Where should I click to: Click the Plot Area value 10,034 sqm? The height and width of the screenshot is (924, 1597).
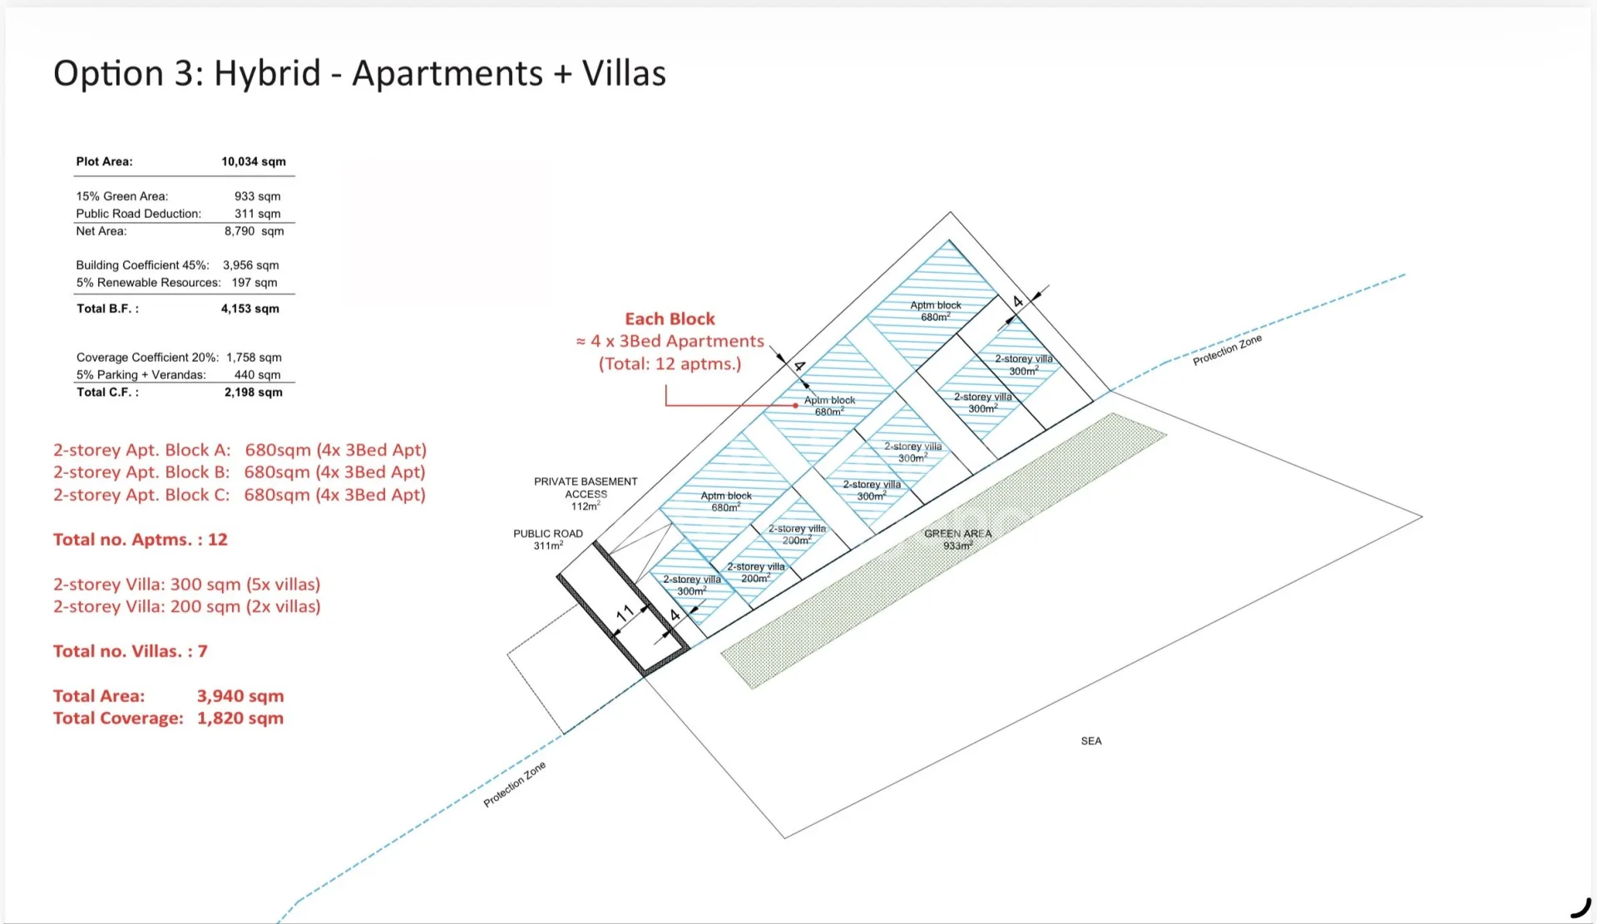tap(254, 161)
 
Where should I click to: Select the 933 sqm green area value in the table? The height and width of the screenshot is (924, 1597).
tap(258, 196)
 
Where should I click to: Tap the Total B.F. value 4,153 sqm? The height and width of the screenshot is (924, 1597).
tap(250, 309)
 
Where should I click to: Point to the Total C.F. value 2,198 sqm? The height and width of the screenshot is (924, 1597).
tap(254, 393)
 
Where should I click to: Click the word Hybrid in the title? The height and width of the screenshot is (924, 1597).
tap(267, 74)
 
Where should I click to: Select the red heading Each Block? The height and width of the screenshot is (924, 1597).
tap(670, 319)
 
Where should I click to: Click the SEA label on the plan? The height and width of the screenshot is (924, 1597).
tap(1091, 741)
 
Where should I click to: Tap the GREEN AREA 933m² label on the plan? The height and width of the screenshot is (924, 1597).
tap(957, 540)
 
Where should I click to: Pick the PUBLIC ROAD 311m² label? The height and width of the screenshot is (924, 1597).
tap(548, 540)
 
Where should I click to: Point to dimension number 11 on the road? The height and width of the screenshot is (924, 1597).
tap(625, 615)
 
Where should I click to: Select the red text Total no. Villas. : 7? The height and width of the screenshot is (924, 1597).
tap(131, 651)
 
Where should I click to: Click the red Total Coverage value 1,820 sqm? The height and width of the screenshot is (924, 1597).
tap(240, 719)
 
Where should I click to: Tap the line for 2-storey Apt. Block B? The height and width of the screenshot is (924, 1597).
tap(240, 472)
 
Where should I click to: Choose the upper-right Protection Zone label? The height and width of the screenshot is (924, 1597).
tap(1228, 350)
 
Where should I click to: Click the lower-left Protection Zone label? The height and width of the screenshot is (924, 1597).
tap(515, 784)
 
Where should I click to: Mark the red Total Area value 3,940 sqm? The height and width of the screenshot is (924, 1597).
tap(240, 696)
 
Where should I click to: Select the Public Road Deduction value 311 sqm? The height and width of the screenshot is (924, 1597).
tap(258, 214)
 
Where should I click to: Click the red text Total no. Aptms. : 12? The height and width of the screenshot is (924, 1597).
tap(141, 540)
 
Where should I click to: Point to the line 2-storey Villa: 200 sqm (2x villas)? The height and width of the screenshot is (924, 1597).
tap(187, 607)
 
